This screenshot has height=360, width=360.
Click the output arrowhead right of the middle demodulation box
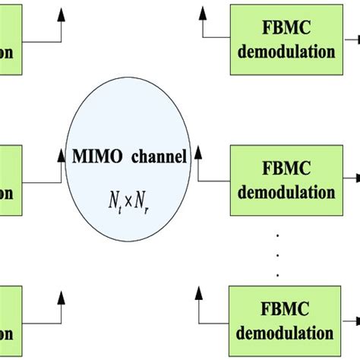pyautogui.click(x=355, y=179)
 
